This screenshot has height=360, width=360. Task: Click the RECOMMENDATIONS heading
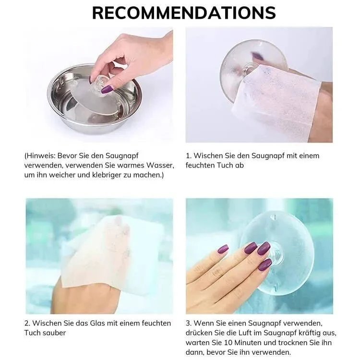point(184,13)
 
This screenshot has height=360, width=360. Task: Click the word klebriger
point(107,175)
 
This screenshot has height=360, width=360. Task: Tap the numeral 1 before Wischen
point(188,156)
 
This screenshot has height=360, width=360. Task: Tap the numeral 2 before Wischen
point(26,323)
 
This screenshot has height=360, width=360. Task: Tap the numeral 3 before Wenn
point(188,323)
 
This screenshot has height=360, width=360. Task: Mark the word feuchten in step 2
point(156,323)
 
